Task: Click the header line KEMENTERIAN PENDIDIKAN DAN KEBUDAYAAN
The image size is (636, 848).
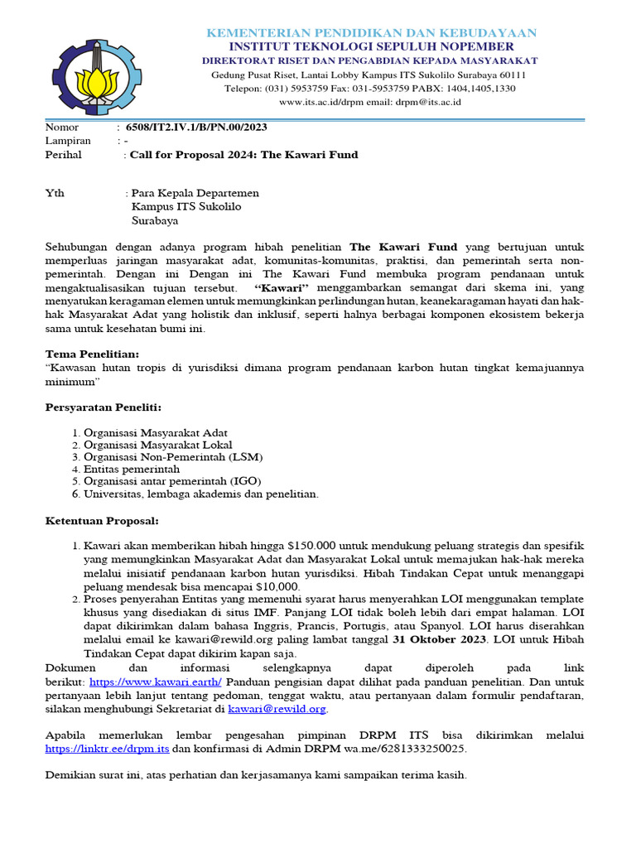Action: tap(371, 32)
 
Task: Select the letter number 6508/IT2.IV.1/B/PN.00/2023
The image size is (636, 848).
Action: tap(195, 128)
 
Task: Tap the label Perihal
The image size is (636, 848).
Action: tap(61, 155)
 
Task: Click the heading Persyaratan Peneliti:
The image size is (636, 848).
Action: tap(102, 407)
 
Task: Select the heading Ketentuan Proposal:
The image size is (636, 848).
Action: tap(99, 521)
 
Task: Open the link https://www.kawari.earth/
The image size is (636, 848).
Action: tap(156, 681)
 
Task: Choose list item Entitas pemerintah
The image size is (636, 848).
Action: tap(132, 469)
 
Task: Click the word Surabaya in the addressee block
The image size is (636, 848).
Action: tap(155, 221)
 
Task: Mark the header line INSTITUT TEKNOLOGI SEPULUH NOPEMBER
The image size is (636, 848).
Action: tap(371, 46)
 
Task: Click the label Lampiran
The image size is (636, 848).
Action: tap(67, 141)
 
